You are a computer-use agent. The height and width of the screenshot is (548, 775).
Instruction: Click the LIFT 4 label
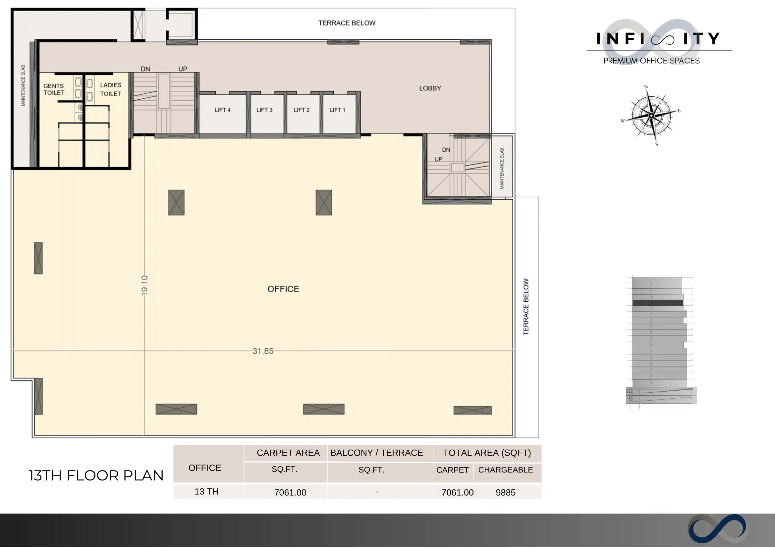(223, 110)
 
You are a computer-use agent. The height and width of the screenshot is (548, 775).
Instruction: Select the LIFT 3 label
(264, 110)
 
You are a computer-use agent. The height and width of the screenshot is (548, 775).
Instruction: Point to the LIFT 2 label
(302, 110)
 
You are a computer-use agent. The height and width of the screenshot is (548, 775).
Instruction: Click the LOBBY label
(430, 88)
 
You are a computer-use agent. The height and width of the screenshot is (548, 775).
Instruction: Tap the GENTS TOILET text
(54, 89)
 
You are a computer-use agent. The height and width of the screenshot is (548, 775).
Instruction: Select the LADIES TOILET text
(111, 89)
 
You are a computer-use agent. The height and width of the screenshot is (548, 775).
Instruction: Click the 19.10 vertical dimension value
(144, 285)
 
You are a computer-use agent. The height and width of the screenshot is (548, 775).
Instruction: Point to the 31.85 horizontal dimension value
(263, 351)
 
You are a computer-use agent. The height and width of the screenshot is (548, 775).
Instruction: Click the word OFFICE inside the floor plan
(283, 289)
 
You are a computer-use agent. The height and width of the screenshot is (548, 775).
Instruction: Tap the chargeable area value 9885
(506, 493)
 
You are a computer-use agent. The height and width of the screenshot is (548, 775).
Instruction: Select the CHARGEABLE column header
(506, 470)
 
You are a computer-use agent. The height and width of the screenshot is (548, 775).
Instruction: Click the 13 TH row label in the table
(207, 492)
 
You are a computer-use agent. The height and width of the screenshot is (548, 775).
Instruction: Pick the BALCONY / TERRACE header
(376, 453)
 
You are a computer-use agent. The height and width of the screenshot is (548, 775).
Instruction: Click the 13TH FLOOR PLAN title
(96, 476)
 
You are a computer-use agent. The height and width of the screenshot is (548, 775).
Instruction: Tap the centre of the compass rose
(651, 116)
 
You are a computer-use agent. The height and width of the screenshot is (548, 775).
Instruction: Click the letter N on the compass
(646, 87)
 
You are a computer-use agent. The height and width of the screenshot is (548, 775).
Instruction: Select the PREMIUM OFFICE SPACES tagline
(652, 61)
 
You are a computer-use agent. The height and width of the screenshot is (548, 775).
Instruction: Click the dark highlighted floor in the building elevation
(658, 303)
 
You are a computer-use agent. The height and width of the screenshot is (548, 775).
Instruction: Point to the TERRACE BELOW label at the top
(347, 23)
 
